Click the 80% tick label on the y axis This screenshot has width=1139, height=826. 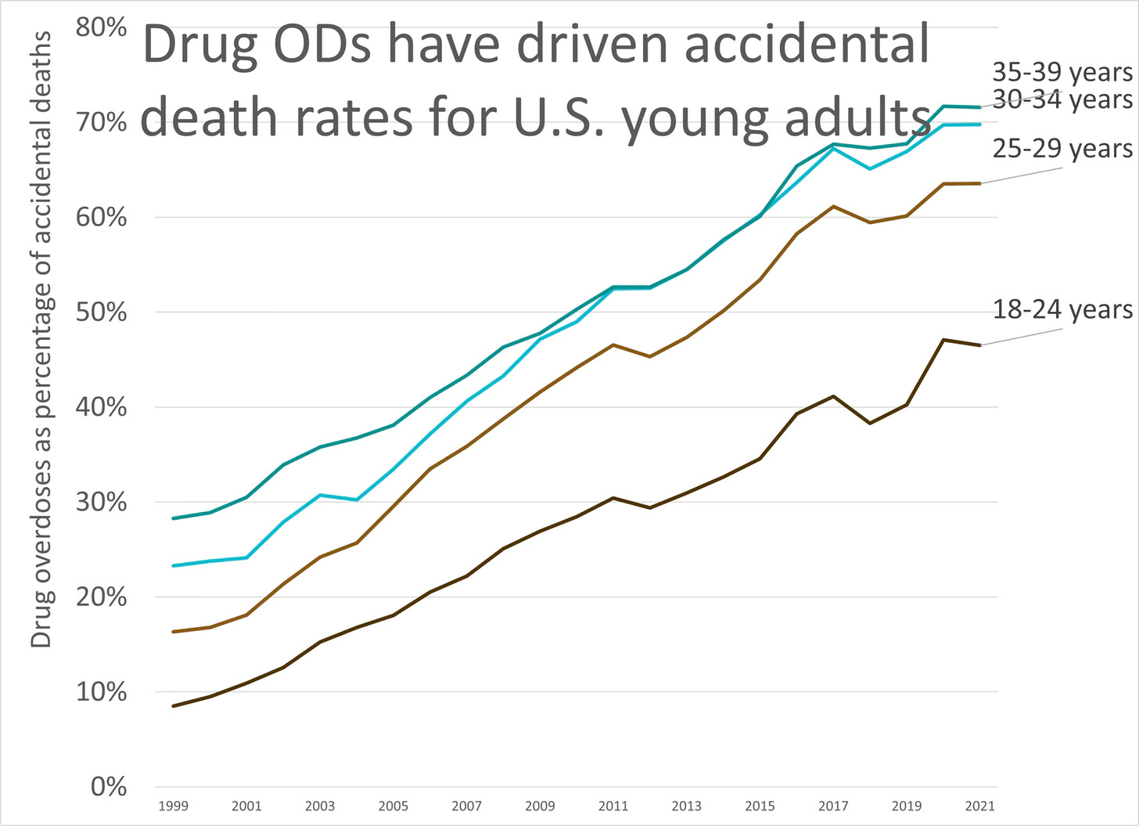[101, 27]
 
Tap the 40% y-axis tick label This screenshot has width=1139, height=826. [101, 407]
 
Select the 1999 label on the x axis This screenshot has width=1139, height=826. [173, 806]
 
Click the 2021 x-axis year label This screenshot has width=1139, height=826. [979, 806]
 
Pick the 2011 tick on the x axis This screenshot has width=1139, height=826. [613, 806]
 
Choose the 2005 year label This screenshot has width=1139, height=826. [393, 806]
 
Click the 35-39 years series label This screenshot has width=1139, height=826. [1062, 72]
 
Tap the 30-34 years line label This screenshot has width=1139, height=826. [1062, 99]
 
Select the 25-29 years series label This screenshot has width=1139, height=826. [1062, 148]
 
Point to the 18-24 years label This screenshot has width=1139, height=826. [1062, 309]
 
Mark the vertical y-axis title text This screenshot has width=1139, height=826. [41, 339]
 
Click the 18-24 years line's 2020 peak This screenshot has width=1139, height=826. [943, 340]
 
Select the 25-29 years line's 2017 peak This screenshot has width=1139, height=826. [833, 206]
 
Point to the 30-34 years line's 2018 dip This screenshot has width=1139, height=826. [870, 168]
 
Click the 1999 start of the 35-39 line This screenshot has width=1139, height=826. [173, 518]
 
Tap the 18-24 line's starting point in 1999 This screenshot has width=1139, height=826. [173, 706]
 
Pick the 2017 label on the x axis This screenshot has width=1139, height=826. [833, 806]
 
